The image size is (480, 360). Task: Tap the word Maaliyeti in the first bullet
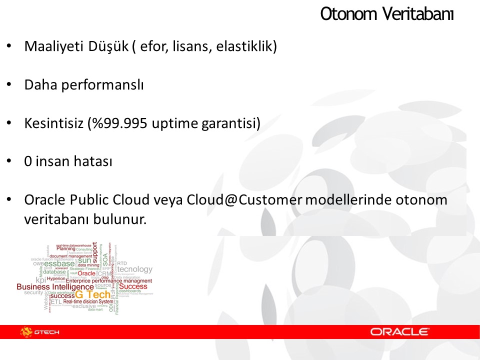pyautogui.click(x=49, y=46)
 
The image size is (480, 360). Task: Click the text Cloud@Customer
pyautogui.click(x=244, y=200)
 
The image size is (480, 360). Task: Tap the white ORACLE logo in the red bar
pyautogui.click(x=399, y=331)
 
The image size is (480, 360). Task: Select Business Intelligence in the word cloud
pyautogui.click(x=54, y=287)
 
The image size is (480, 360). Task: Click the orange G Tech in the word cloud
pyautogui.click(x=93, y=294)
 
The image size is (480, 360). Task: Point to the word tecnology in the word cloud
pyautogui.click(x=134, y=269)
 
